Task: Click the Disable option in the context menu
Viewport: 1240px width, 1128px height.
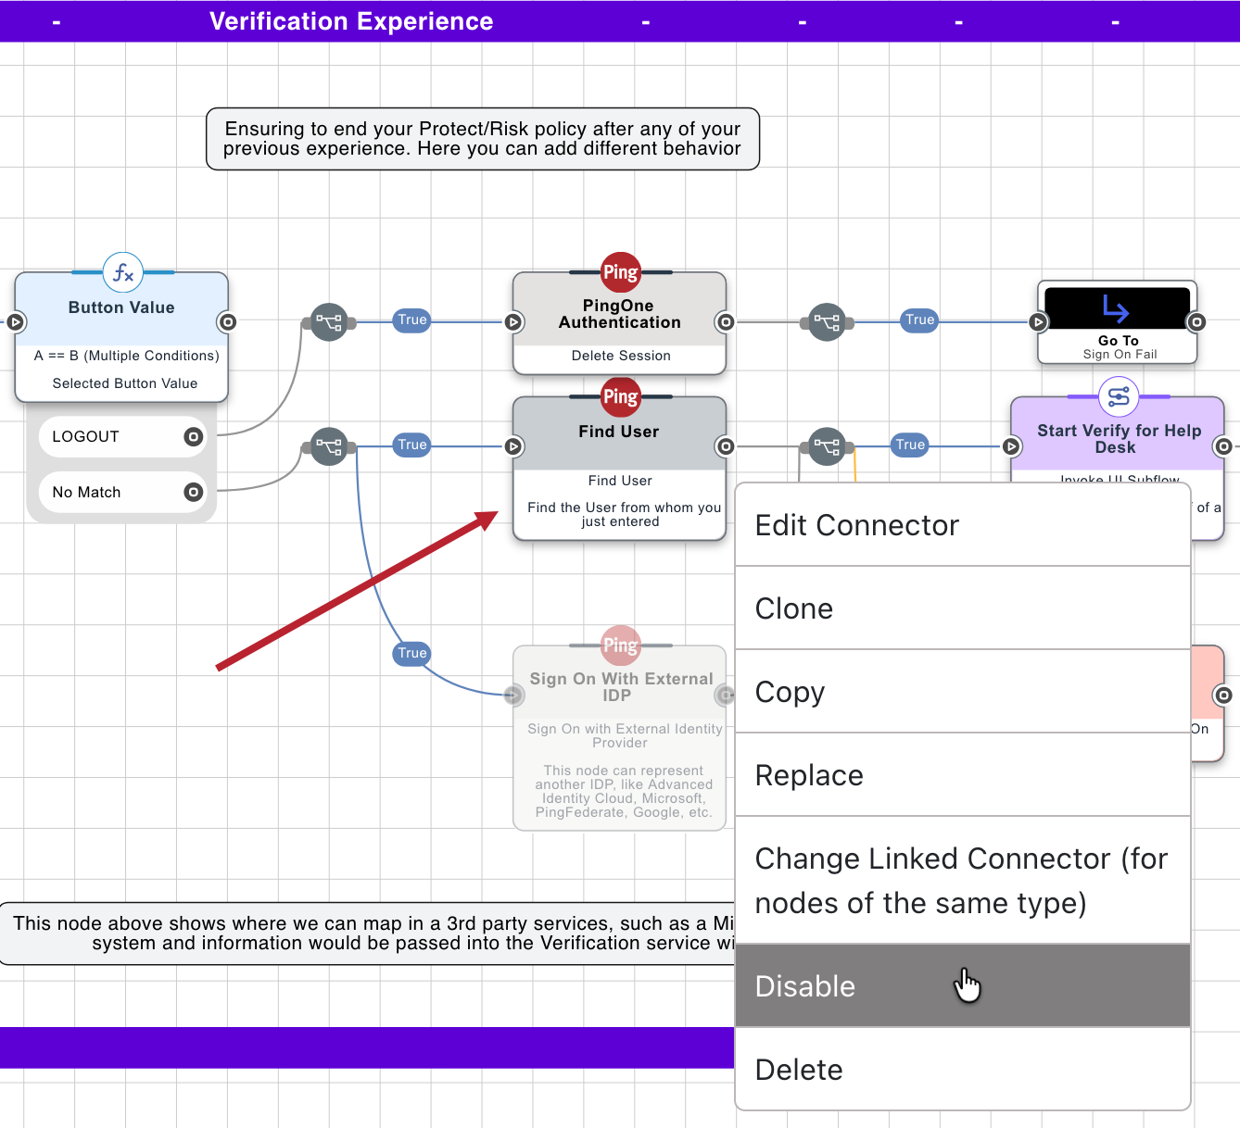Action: point(804,986)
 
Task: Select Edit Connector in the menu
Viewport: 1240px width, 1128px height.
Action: point(856,525)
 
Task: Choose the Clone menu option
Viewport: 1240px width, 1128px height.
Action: point(794,608)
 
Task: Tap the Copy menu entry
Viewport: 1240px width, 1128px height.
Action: point(790,692)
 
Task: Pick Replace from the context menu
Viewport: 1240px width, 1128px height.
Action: point(809,775)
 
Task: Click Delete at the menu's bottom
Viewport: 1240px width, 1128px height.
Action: point(799,1070)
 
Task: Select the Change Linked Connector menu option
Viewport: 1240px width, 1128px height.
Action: point(961,881)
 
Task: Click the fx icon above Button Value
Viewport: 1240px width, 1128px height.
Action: point(123,273)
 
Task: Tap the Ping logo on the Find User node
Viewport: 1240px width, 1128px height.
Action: point(620,397)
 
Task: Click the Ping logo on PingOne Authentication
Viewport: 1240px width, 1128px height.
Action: point(620,272)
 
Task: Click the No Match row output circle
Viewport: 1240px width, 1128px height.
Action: point(193,493)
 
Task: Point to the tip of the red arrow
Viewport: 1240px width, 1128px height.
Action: point(495,514)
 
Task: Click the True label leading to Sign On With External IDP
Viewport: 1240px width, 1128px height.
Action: point(412,653)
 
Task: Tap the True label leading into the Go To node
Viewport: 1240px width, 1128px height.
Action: point(919,320)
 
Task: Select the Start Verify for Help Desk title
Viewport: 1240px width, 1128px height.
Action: point(1119,439)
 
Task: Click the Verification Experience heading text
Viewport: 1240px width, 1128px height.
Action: point(351,21)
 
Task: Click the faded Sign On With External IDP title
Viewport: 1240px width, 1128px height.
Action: point(620,687)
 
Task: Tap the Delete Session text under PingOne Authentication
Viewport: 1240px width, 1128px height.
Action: point(620,356)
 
